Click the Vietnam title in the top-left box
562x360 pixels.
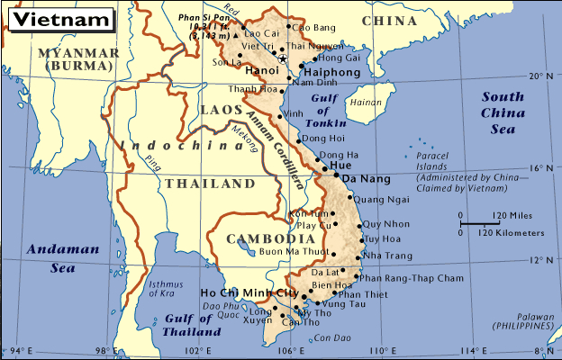tap(57, 18)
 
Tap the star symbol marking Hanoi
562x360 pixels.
tap(283, 59)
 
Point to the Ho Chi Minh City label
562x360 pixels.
tap(249, 293)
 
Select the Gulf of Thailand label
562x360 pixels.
tap(193, 325)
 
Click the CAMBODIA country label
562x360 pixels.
tap(258, 238)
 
